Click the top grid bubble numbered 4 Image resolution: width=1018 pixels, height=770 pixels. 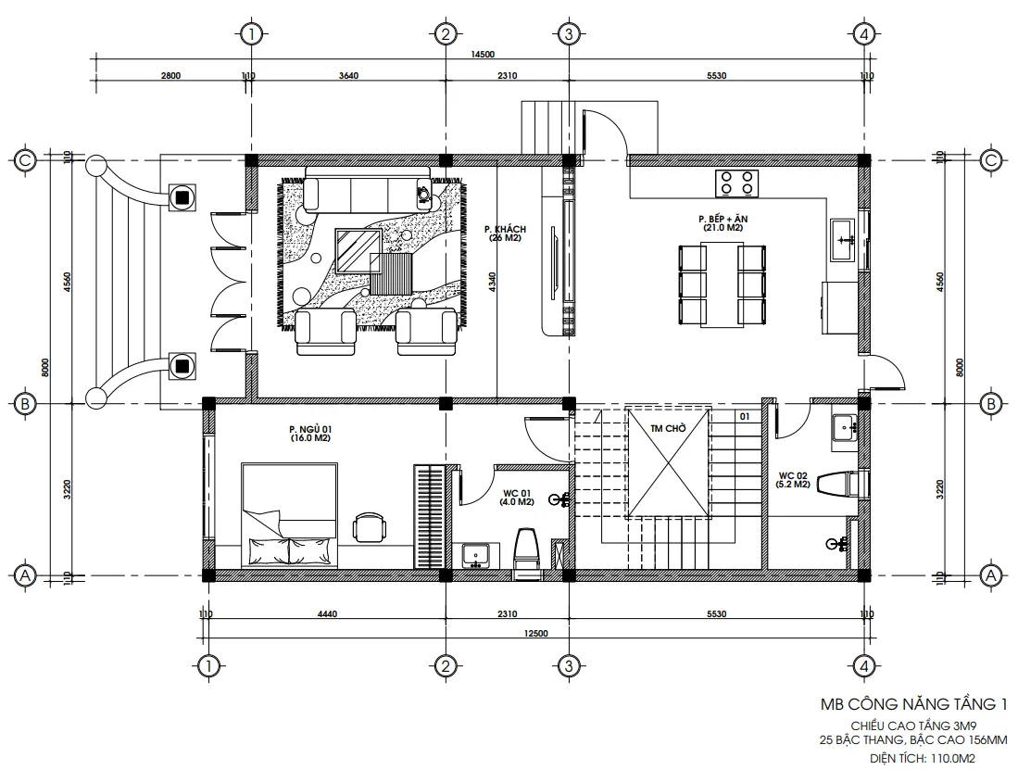coord(863,34)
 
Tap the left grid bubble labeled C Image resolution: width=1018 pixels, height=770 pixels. coord(26,159)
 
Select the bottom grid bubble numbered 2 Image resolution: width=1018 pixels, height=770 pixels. coord(445,665)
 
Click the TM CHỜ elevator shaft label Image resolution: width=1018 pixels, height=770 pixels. coord(668,429)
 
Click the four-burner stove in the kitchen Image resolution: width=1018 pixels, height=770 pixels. coord(737,183)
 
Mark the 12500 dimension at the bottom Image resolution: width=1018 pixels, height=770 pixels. coord(536,633)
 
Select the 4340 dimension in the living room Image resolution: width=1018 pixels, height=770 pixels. coord(493,283)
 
